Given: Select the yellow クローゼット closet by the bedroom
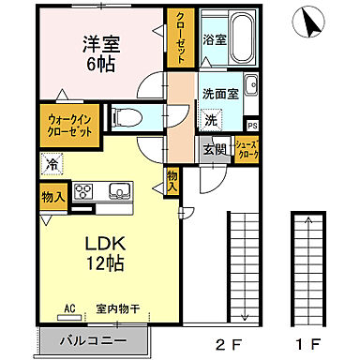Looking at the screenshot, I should click(x=177, y=38).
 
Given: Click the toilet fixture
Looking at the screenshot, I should click(x=127, y=116).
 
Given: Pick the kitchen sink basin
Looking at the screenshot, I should click(x=121, y=192).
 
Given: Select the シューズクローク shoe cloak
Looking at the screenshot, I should click(x=247, y=150).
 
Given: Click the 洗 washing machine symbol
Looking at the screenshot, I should click(x=212, y=120).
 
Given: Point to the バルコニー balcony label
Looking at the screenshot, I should click(x=93, y=340).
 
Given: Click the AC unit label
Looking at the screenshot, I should click(x=69, y=307).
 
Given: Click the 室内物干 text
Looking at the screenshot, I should click(x=116, y=307).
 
